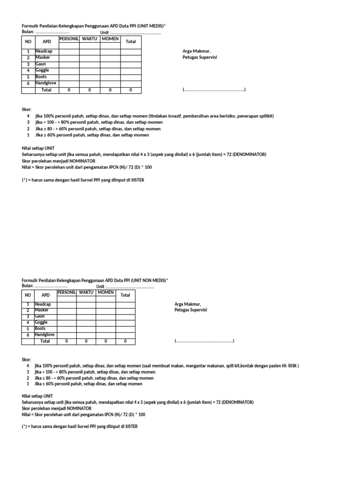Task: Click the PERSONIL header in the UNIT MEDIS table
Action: pyautogui.click(x=69, y=38)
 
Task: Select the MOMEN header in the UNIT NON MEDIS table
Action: pyautogui.click(x=106, y=292)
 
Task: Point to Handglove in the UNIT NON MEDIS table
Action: pyautogui.click(x=45, y=335)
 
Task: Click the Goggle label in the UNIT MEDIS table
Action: pyautogui.click(x=42, y=70)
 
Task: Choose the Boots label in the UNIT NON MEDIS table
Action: pyautogui.click(x=40, y=329)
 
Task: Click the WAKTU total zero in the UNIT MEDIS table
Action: pyautogui.click(x=90, y=90)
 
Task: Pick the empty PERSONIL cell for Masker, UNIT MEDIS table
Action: pyautogui.click(x=69, y=58)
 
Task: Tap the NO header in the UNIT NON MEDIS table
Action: pyautogui.click(x=28, y=295)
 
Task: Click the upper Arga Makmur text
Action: pyautogui.click(x=196, y=51)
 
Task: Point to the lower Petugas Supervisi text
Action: pyautogui.click(x=191, y=310)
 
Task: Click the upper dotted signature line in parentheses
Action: pyautogui.click(x=214, y=90)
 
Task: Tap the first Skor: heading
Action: pyautogui.click(x=27, y=109)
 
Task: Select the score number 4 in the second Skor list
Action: pyautogui.click(x=28, y=366)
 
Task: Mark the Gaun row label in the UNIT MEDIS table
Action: pyautogui.click(x=40, y=64)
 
